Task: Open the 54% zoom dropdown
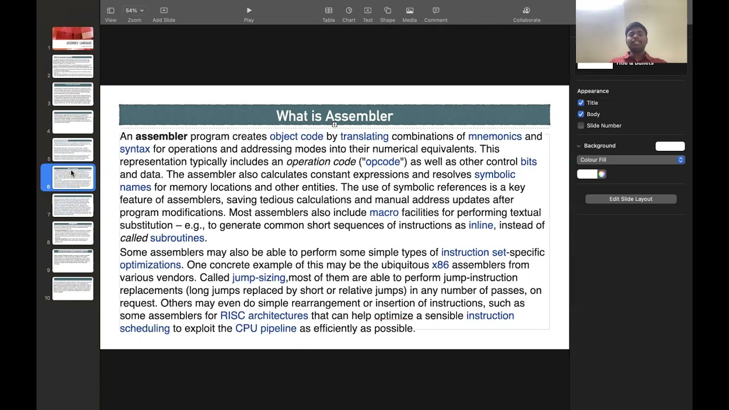tap(134, 11)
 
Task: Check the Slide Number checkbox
tap(581, 126)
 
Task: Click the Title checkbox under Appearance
tap(581, 103)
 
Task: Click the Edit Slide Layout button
tap(630, 199)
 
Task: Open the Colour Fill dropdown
tap(630, 160)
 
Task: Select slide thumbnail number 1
tap(73, 38)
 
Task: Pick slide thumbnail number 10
tap(73, 289)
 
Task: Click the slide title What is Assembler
tap(334, 116)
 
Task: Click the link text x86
tap(440, 265)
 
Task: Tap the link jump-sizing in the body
tap(259, 278)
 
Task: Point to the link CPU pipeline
tap(265, 329)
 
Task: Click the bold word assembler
tap(161, 137)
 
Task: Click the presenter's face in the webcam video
tap(636, 37)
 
